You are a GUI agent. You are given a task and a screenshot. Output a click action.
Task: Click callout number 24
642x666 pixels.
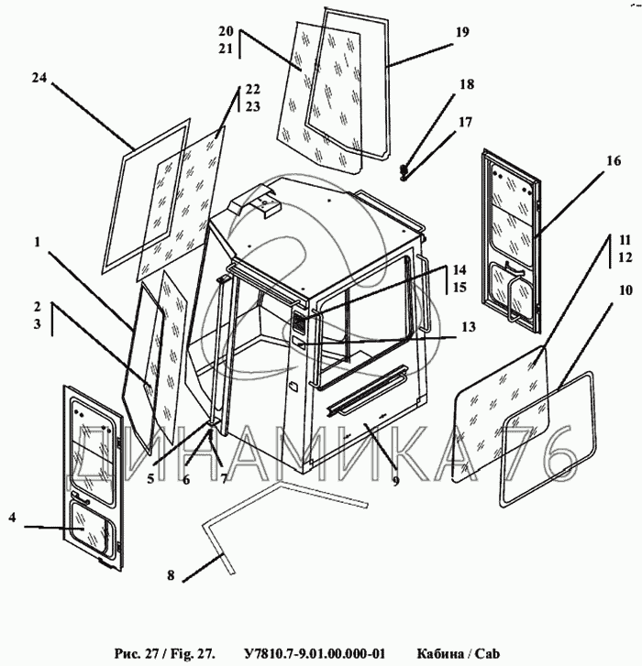tap(38, 80)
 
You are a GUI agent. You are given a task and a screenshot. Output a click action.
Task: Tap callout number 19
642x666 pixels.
tap(460, 32)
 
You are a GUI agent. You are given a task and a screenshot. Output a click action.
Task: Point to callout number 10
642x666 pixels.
tap(624, 291)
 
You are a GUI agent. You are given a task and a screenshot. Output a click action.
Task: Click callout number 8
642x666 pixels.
tap(170, 576)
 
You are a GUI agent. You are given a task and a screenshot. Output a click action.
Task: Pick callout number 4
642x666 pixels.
tap(13, 519)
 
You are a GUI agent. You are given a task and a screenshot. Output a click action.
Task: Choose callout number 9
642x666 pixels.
tap(396, 480)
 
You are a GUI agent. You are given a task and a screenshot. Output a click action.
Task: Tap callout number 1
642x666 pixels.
tap(37, 243)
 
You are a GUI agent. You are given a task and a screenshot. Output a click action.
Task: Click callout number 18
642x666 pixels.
tap(467, 84)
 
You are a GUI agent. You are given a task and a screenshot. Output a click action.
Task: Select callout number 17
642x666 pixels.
tap(465, 121)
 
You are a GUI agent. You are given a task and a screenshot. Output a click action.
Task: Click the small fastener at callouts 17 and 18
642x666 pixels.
tap(404, 170)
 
